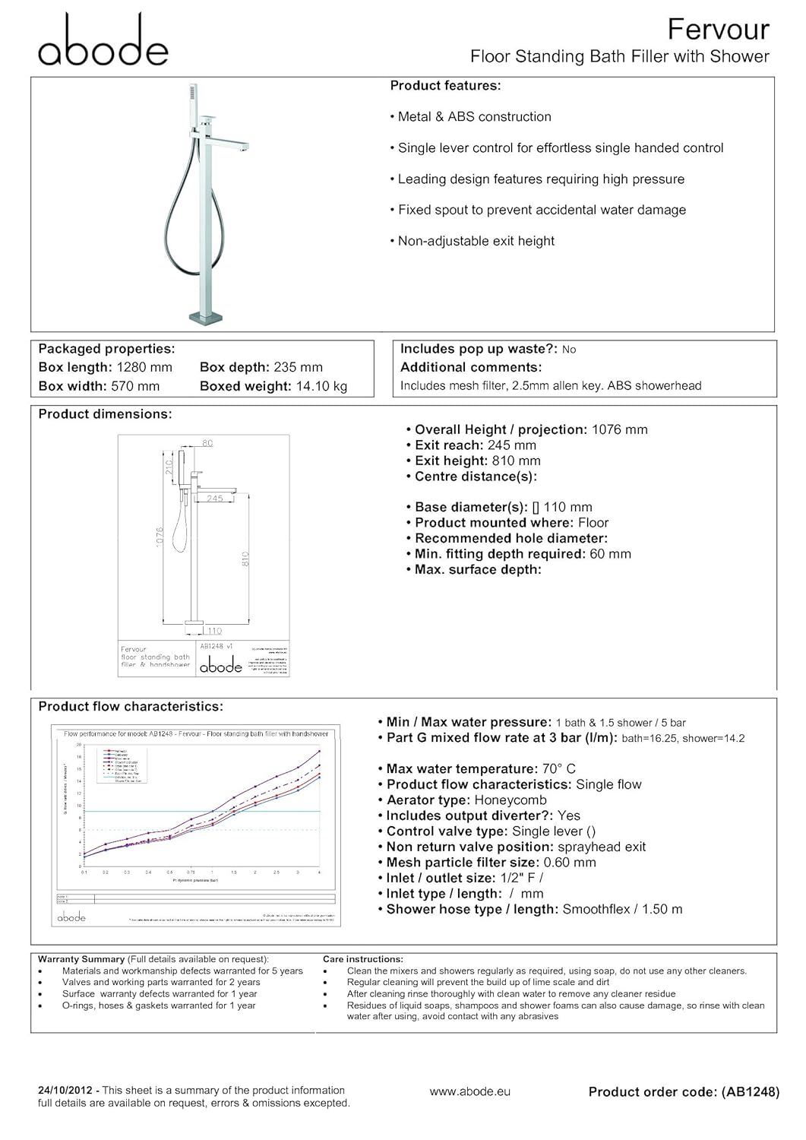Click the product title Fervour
718,30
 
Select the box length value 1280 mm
144,368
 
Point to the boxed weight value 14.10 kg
321,387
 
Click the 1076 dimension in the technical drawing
160,540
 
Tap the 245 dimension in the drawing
215,499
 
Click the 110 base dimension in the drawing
214,631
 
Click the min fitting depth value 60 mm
610,554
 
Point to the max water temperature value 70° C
558,769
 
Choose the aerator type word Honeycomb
510,800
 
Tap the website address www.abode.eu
469,1092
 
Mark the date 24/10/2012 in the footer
66,1091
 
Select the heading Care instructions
362,960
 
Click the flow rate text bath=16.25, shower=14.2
683,739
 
